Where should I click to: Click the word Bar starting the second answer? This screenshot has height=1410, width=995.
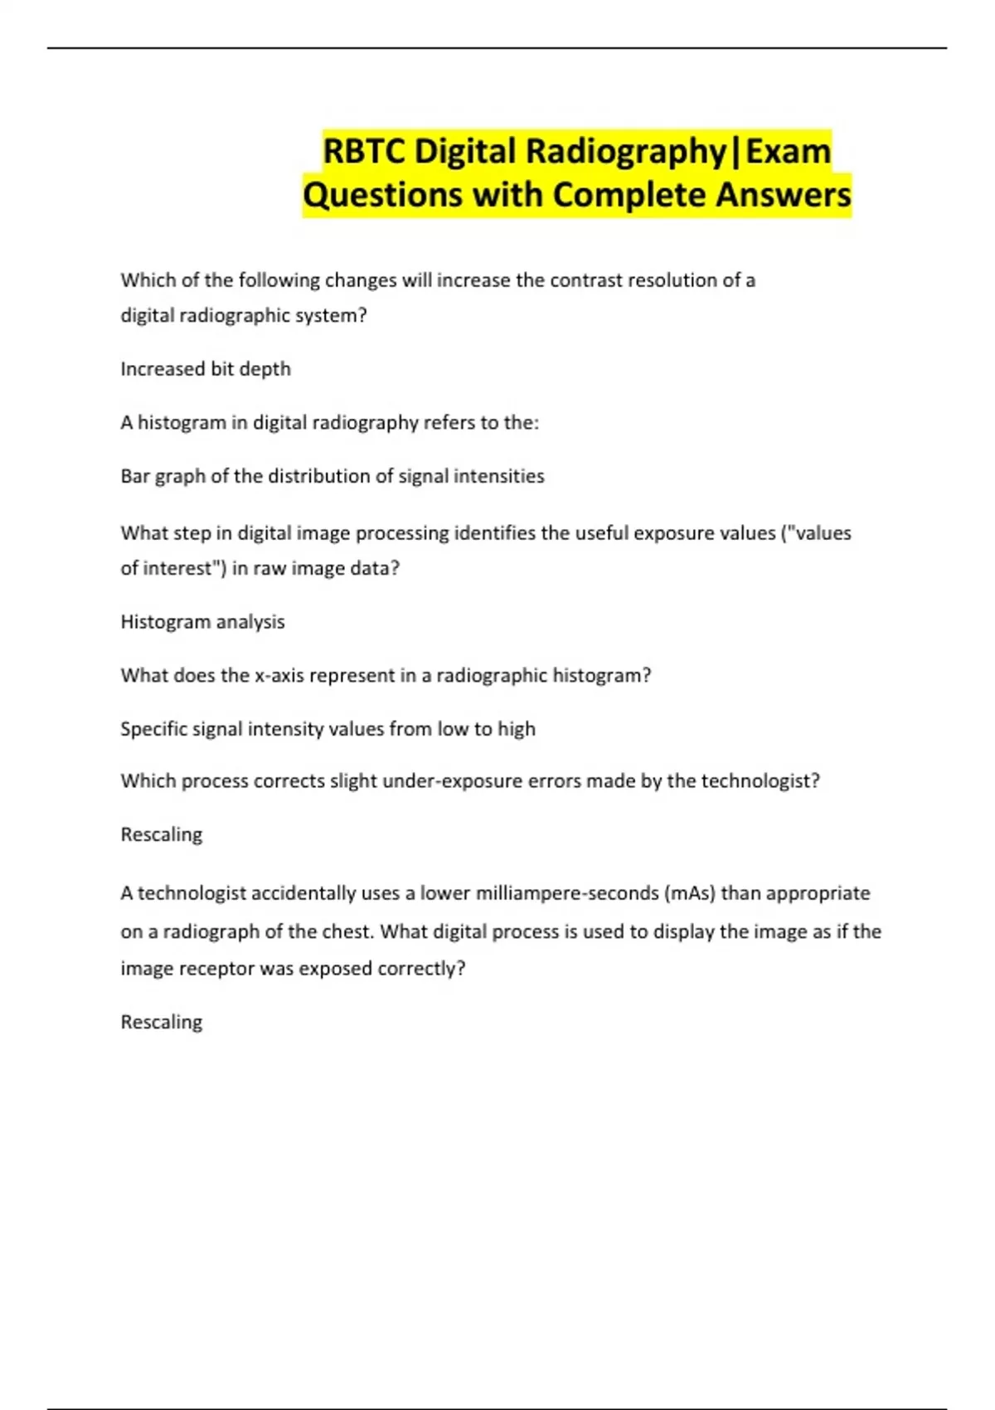coord(134,476)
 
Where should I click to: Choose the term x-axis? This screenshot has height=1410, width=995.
coord(279,676)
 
